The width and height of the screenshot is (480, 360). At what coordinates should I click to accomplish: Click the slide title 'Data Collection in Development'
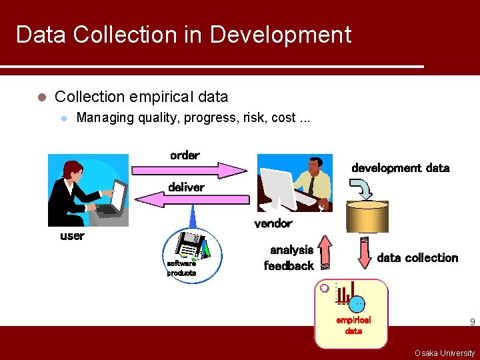183,35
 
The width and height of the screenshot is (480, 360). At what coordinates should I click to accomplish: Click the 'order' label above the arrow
185,155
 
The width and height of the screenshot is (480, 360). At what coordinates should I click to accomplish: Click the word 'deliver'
186,187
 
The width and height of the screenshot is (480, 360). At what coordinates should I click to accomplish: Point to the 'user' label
72,235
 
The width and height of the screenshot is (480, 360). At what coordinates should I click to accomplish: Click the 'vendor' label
273,223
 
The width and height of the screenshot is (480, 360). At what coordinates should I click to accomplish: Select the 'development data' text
400,168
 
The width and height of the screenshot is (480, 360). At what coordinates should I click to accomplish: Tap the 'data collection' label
417,258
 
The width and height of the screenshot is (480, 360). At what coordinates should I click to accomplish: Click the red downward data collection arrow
364,254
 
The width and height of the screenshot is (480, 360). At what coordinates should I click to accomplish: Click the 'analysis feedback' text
289,258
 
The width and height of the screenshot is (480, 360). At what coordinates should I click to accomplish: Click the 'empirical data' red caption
353,325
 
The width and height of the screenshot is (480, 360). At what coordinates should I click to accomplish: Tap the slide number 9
472,323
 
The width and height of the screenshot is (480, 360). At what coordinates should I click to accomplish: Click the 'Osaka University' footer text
445,353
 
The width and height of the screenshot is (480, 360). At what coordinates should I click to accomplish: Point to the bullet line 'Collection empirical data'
141,97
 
